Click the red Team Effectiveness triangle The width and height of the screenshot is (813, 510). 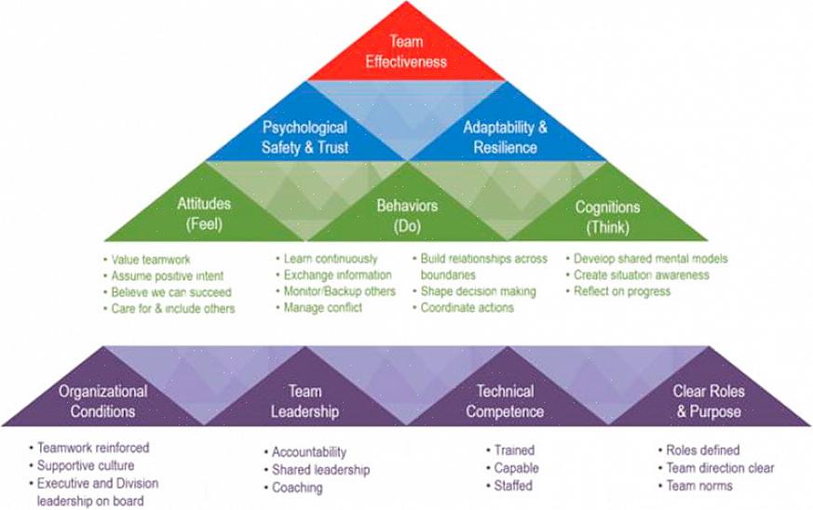[406, 52]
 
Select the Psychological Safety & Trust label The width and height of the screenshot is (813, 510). [305, 138]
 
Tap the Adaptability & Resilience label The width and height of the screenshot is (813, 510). [505, 138]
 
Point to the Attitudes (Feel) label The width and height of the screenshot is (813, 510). [204, 213]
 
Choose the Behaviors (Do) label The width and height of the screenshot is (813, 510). [407, 216]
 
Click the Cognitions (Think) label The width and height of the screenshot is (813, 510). [607, 217]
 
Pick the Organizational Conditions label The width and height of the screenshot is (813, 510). [102, 401]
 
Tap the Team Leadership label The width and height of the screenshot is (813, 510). [305, 401]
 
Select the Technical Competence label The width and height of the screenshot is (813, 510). [505, 401]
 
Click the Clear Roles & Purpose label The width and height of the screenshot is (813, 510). [709, 401]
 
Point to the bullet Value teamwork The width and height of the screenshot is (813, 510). [147, 260]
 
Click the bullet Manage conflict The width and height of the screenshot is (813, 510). [319, 308]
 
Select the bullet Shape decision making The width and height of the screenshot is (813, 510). [474, 291]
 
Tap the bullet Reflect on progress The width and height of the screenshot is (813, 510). [618, 291]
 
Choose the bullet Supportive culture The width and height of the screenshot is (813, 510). [82, 465]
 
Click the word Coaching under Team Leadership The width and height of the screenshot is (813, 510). [297, 488]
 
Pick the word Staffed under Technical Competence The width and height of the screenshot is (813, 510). [513, 486]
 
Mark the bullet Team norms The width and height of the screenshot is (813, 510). [696, 486]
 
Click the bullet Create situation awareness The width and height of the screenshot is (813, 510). [637, 275]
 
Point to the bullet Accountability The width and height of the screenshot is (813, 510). [305, 452]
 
